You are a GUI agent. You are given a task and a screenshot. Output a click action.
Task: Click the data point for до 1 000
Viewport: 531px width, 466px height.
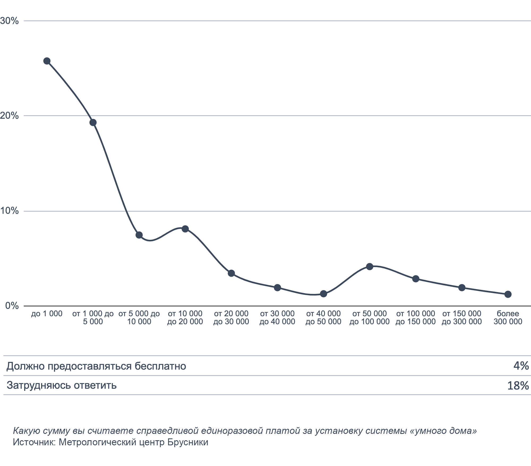pos(47,61)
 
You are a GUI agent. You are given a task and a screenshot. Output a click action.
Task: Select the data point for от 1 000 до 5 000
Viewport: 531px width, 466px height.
pos(93,122)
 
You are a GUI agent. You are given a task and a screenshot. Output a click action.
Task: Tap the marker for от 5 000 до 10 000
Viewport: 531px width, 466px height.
pos(139,235)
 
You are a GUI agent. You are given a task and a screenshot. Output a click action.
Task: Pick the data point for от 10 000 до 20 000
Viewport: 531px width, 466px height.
pos(185,229)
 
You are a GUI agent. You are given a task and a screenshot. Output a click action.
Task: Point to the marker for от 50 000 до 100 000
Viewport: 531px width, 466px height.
pos(370,267)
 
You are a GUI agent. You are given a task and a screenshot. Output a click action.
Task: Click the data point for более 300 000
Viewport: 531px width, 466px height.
pos(508,294)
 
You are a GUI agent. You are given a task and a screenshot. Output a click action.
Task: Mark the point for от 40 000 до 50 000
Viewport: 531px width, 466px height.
pos(323,294)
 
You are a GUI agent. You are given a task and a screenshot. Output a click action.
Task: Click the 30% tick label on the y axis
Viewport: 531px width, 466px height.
pos(10,21)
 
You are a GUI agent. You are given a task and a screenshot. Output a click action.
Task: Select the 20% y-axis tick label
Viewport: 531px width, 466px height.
pos(10,116)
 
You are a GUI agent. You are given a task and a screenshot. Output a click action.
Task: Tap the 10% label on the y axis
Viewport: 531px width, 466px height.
pos(10,211)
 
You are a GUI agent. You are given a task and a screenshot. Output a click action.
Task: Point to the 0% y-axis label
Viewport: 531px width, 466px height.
pos(12,306)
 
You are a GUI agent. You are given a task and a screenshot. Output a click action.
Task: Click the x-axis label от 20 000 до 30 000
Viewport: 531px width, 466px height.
pos(231,318)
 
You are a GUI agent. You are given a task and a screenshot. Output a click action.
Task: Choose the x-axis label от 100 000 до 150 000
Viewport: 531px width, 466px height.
pos(416,318)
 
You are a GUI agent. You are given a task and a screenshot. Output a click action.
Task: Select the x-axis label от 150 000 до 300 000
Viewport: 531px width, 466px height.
pos(462,318)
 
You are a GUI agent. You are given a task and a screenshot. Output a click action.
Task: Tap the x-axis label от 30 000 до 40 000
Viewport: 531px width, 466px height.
pos(277,318)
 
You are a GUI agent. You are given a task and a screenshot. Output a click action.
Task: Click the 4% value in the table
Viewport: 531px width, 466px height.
pos(521,366)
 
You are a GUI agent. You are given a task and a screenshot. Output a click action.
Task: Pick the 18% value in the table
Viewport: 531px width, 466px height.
pos(518,386)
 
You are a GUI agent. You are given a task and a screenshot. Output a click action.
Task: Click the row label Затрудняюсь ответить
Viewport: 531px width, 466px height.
pos(62,385)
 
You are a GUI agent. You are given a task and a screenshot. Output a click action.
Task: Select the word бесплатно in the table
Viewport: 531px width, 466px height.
pos(160,366)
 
